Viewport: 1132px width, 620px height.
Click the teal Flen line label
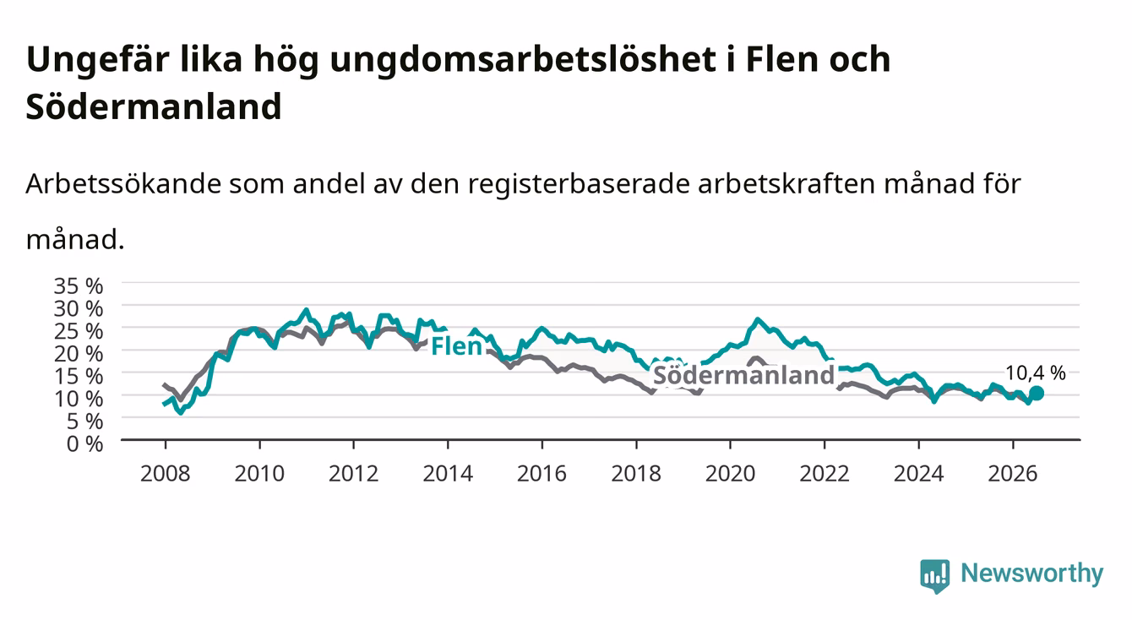456,346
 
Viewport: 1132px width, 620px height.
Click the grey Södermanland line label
744,375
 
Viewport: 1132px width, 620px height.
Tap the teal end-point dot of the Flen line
1036,393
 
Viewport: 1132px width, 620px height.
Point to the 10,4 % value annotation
1036,373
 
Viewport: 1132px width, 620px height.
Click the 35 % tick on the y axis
79,286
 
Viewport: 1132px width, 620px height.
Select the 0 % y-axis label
84,444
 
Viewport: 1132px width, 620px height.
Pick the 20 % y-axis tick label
79,354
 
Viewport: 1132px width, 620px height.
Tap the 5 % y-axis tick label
84,421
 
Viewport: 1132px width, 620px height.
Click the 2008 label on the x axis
166,474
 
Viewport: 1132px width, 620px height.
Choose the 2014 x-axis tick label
448,474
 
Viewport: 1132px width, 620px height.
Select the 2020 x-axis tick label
730,474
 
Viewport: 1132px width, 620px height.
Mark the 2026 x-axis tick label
1013,474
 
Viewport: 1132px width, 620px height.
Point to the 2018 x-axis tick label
636,474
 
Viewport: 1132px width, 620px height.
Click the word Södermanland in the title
154,106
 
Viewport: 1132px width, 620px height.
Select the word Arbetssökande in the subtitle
123,183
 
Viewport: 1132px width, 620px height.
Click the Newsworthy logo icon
935,576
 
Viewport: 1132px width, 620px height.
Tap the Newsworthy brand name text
1032,574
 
